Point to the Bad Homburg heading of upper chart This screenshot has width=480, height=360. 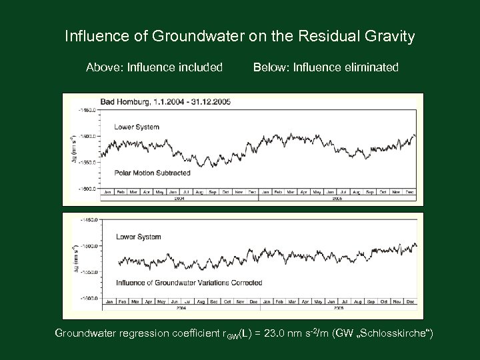(165, 102)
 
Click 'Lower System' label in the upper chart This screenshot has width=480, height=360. (137, 125)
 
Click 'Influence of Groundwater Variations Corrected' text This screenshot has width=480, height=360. (189, 283)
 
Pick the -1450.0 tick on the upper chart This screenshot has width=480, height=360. (88, 109)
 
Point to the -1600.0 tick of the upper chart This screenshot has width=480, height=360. (88, 189)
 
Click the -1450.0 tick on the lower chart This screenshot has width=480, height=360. (88, 219)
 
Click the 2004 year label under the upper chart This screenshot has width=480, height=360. (179, 198)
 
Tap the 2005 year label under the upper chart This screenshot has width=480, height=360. (337, 198)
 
